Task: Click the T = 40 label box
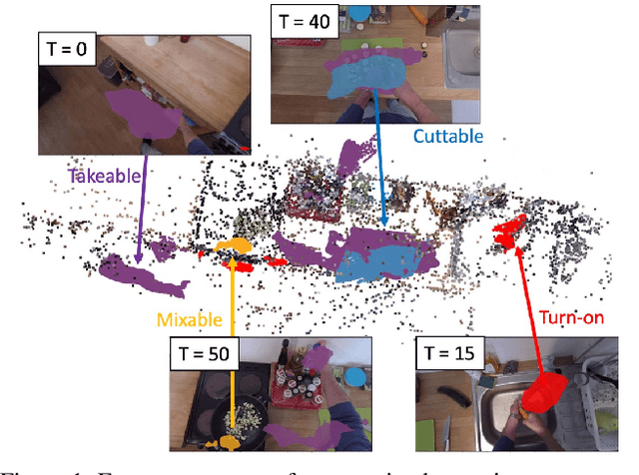pos(304,21)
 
